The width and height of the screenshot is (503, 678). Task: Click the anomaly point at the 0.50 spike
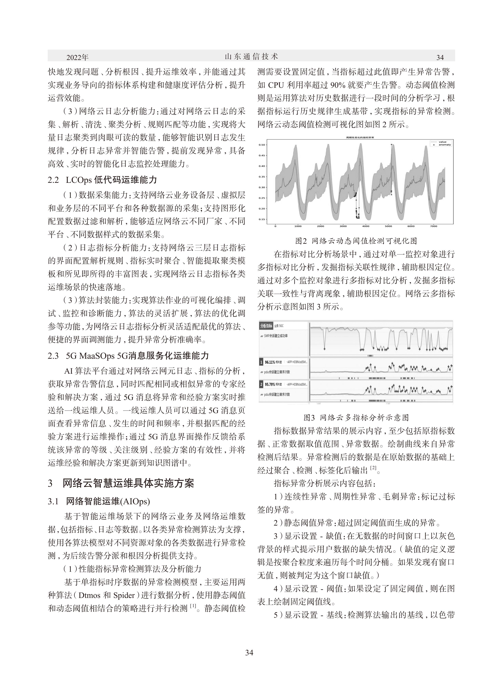coord(391,145)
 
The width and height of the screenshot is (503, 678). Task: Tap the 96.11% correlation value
coord(270,362)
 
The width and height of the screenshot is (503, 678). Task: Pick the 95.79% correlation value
coord(270,384)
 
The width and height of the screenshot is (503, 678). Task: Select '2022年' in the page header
coord(77,57)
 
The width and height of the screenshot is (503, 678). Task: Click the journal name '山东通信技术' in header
coord(251,57)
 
